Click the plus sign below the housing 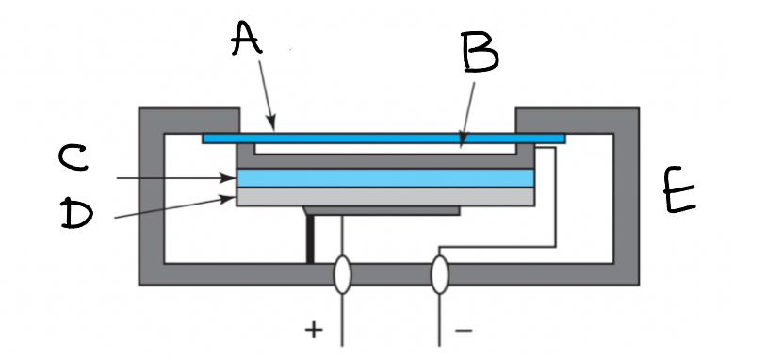coord(314,330)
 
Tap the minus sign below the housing coord(463,330)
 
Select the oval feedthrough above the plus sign coord(341,274)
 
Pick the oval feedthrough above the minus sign coord(439,274)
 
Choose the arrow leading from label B coord(467,112)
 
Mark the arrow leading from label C coord(174,177)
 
